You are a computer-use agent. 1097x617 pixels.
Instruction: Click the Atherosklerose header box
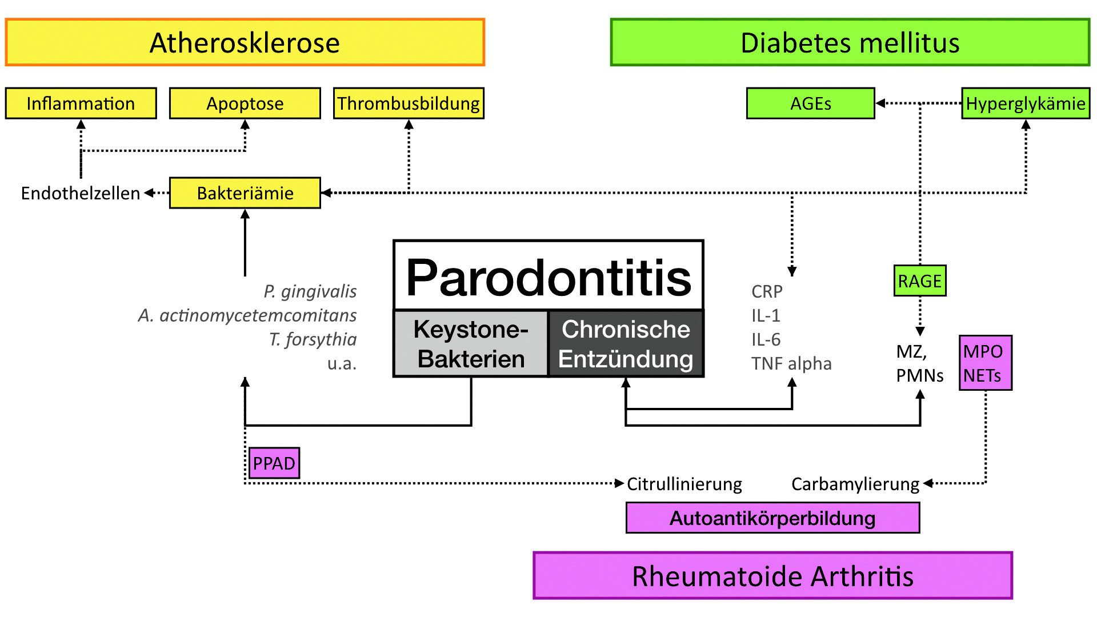(245, 42)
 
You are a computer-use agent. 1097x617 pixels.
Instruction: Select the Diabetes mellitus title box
(850, 42)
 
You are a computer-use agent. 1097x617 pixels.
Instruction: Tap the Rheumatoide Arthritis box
(772, 575)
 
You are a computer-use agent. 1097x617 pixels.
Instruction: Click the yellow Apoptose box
(245, 103)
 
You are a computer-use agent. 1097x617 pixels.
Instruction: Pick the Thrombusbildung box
(409, 103)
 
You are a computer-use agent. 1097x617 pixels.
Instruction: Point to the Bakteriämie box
(245, 193)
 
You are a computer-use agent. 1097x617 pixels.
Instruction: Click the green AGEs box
(810, 103)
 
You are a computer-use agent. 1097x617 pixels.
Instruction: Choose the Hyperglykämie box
(1026, 103)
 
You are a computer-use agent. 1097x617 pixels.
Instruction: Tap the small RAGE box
(919, 281)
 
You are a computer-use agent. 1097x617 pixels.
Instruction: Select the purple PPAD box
(274, 463)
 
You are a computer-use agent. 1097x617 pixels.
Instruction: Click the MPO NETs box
(985, 363)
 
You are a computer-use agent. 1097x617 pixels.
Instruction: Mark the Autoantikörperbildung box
(772, 518)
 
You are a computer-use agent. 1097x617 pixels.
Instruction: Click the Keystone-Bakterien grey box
(471, 344)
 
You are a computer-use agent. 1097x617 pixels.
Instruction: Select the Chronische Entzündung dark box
(626, 344)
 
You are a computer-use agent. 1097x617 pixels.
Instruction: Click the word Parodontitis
(548, 277)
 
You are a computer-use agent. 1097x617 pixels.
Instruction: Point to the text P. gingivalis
(310, 291)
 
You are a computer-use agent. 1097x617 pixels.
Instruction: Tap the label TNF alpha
(791, 363)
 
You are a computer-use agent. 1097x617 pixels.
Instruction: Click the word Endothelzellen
(81, 193)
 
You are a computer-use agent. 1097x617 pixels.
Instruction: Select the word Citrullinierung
(684, 484)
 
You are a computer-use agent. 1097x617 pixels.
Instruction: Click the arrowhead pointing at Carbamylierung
(928, 483)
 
